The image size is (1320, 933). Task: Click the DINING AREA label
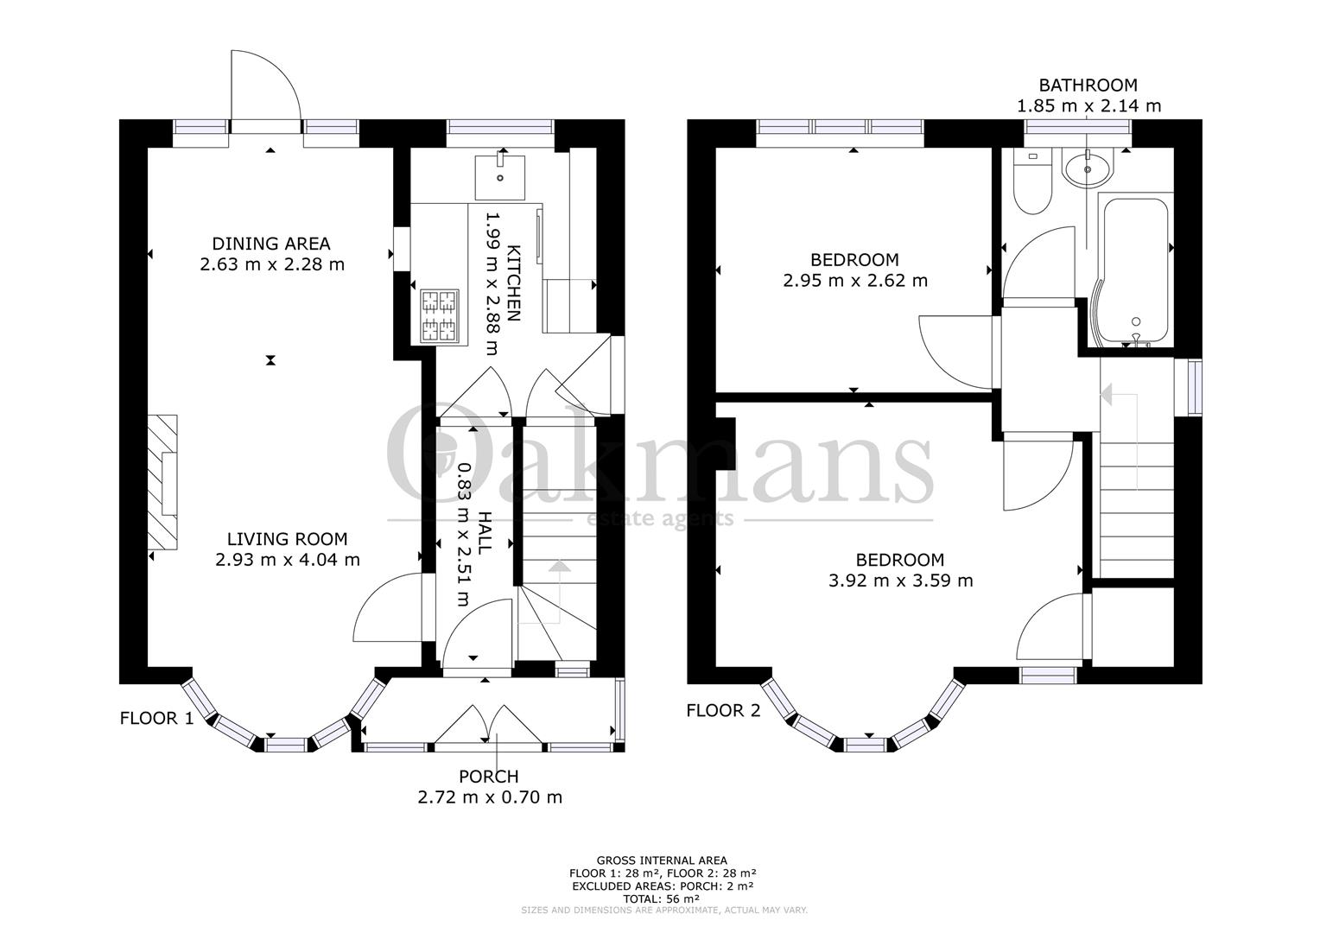(271, 244)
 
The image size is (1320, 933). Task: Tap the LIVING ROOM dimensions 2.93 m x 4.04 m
(288, 560)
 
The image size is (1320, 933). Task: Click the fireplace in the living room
(162, 481)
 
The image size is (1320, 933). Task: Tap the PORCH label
(489, 777)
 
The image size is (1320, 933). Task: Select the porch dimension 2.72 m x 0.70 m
(489, 797)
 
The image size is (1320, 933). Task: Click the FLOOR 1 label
(156, 717)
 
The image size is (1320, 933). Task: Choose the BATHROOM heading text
(1088, 86)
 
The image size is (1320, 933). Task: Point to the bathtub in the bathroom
(1133, 268)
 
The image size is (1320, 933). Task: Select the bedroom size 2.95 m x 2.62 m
(854, 281)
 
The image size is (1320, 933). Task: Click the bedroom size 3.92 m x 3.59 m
(900, 581)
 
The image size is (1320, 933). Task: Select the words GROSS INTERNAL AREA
(662, 860)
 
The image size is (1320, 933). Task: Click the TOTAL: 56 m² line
(662, 898)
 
